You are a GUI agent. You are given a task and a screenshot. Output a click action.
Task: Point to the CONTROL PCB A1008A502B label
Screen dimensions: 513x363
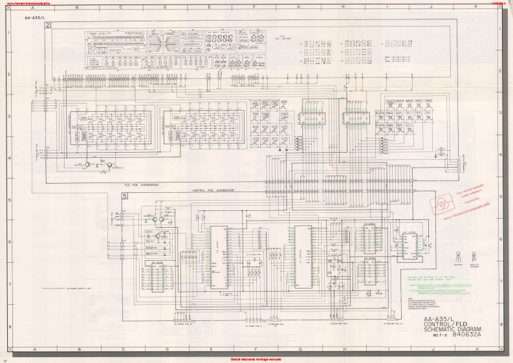click(216, 191)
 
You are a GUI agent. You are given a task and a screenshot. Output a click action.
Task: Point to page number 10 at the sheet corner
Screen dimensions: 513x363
click(5, 360)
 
